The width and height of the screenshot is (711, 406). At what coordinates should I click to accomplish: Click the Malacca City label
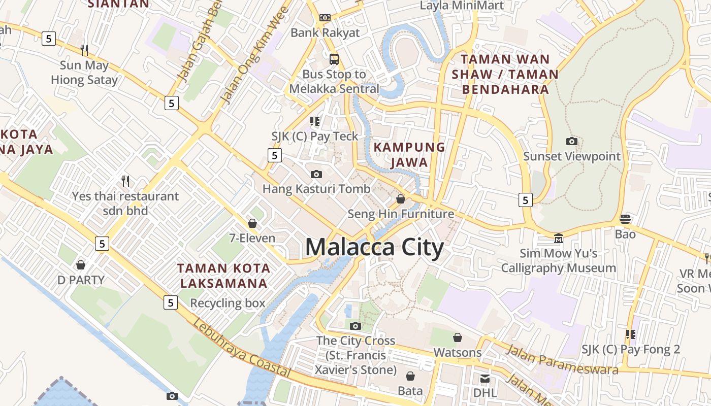pos(374,248)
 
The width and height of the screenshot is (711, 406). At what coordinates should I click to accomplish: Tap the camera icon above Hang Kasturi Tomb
pos(316,174)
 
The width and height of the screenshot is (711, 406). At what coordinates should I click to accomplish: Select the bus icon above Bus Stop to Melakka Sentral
pos(334,59)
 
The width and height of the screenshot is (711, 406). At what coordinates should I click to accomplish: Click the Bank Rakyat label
pos(325,33)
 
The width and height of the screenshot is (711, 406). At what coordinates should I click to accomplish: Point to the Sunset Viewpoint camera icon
pos(572,141)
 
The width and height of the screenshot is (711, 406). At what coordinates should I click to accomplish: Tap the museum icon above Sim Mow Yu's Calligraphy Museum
pos(559,238)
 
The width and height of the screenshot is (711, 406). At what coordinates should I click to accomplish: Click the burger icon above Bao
pos(625,219)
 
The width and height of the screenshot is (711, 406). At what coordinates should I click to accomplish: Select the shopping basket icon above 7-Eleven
pos(252,223)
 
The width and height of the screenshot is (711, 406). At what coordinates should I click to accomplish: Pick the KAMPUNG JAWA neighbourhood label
pos(409,155)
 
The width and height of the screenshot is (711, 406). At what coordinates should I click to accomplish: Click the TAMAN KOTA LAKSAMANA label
pos(222,275)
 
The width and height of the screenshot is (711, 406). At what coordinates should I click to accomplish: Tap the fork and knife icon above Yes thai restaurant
pos(125,181)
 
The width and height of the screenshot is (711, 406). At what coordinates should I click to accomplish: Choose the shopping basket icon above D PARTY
pos(80,264)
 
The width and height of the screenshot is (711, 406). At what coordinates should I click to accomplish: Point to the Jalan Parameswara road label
pos(562,359)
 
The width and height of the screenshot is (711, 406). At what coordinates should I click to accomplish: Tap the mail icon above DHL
pos(485,378)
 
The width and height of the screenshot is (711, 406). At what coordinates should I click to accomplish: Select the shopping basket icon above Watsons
pos(458,337)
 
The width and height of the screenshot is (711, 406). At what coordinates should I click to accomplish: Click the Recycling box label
pos(228,303)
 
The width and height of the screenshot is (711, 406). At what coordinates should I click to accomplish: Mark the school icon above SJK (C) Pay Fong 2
pos(631,334)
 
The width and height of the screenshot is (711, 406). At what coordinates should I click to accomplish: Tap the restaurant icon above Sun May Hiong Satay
pos(84,50)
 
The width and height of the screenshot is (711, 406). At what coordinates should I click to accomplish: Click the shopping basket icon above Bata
pos(410,376)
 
